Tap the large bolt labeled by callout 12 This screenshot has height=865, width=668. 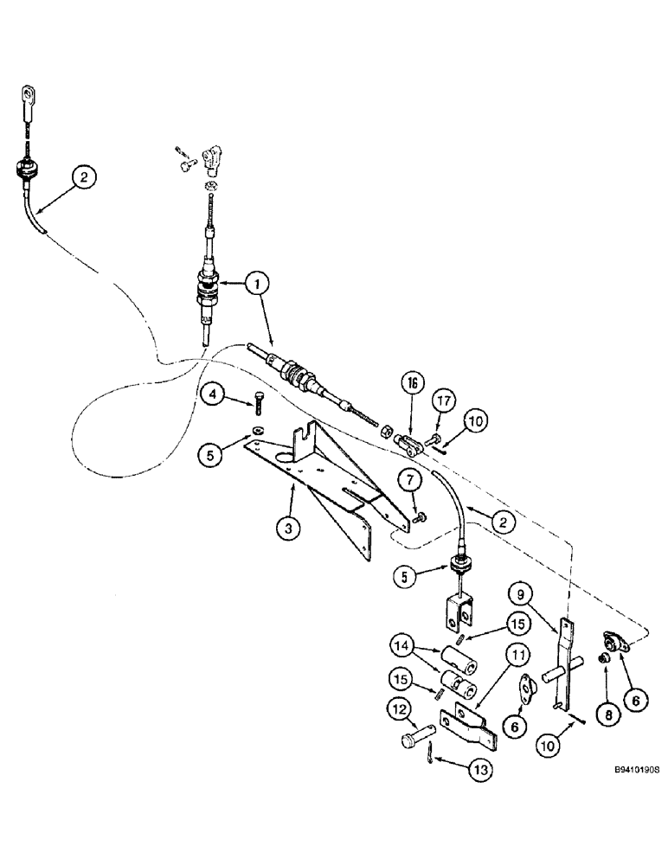[417, 743]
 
